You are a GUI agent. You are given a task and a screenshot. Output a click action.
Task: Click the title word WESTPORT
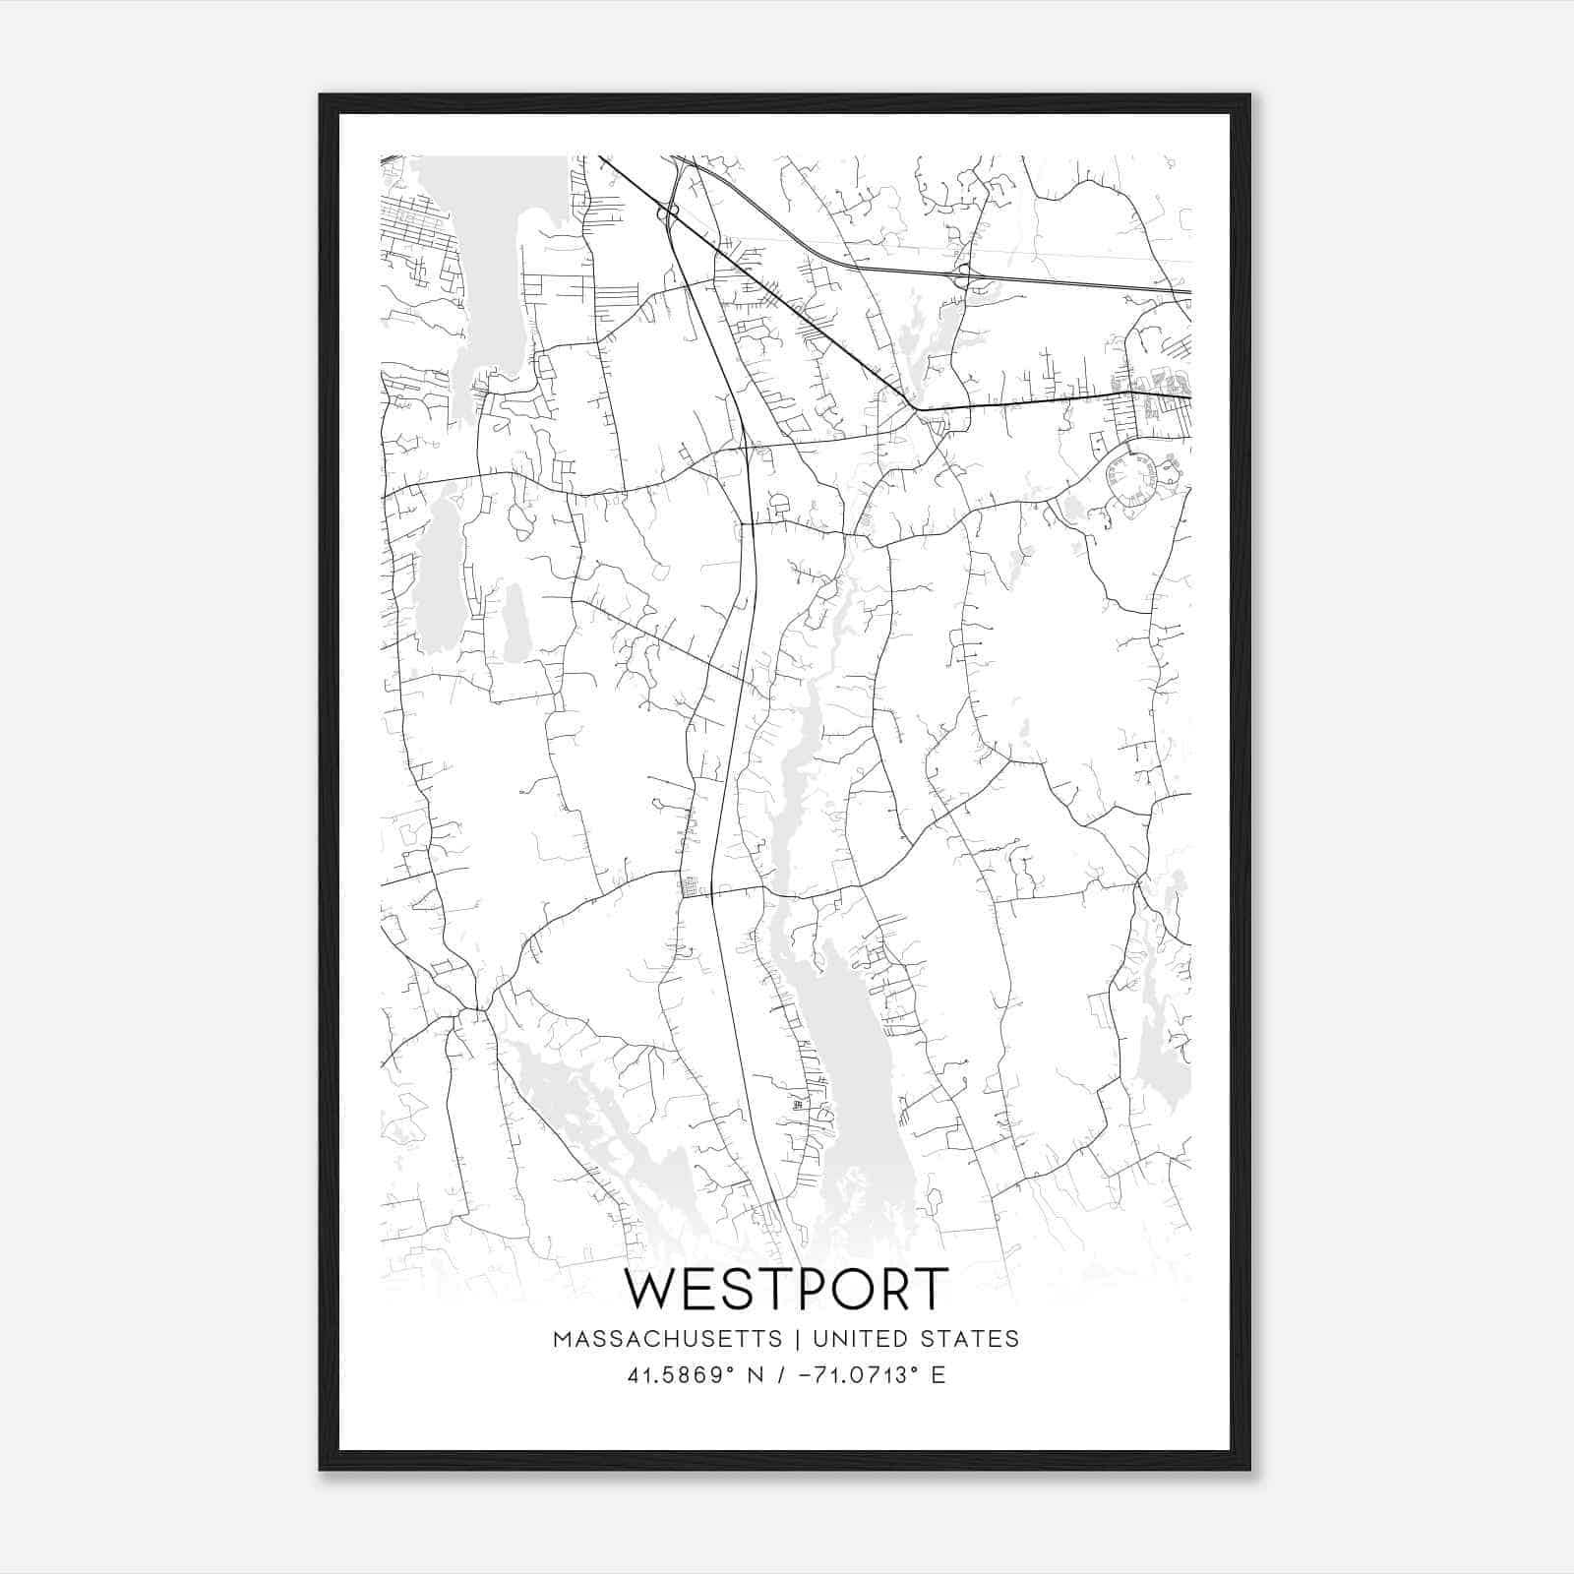pos(786,1290)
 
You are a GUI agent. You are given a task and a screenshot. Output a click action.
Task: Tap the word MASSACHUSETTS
pos(668,1339)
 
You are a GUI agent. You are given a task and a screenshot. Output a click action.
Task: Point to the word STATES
pos(969,1339)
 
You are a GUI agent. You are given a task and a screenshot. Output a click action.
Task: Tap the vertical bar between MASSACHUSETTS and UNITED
pos(797,1339)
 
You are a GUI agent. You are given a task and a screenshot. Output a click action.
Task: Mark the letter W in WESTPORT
pos(650,1290)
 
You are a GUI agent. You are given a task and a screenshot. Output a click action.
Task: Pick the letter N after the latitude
pos(756,1374)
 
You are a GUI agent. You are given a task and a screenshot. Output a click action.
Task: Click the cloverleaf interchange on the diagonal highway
pos(669,212)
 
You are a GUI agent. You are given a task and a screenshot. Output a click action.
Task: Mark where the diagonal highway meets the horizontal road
pos(914,405)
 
